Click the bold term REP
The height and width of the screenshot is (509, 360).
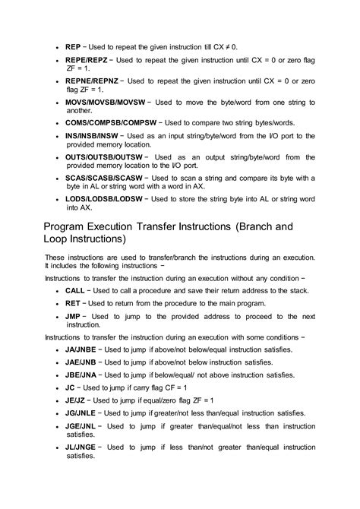74,46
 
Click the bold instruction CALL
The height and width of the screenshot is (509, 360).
75,290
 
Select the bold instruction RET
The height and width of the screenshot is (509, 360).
73,303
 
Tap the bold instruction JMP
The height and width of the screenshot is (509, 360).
74,315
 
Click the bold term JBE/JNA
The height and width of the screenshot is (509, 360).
83,375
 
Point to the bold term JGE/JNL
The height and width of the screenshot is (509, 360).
83,426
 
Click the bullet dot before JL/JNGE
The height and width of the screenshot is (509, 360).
58,447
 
